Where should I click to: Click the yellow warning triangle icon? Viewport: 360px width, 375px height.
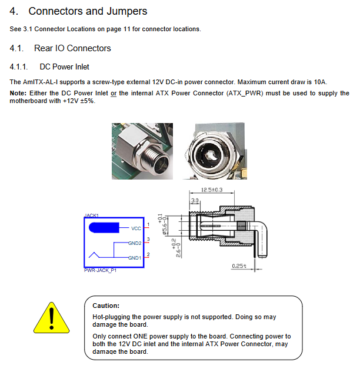click(x=51, y=318)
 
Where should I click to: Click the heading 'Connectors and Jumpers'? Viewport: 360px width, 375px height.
click(x=88, y=11)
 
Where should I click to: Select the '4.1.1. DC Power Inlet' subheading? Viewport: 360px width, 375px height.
click(x=49, y=67)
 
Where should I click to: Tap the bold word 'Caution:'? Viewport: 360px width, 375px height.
click(x=106, y=306)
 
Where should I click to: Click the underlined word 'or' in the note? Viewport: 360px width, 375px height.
click(x=114, y=93)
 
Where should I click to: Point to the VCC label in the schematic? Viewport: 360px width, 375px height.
click(x=136, y=228)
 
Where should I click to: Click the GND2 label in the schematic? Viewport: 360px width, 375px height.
click(x=135, y=243)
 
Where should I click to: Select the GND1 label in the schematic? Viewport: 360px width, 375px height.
click(x=135, y=258)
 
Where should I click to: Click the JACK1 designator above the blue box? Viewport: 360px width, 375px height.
click(x=92, y=215)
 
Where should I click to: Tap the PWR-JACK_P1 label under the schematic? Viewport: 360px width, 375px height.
click(x=100, y=270)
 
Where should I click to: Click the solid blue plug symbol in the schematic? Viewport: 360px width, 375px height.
click(x=104, y=228)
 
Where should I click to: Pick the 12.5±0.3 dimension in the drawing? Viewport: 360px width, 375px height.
click(x=212, y=190)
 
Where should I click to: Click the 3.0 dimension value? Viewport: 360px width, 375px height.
click(x=195, y=200)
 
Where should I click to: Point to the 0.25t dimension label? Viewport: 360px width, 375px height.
click(x=239, y=266)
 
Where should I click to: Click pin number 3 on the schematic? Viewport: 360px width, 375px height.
click(x=148, y=239)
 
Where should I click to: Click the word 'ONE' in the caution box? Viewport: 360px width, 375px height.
click(x=141, y=336)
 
